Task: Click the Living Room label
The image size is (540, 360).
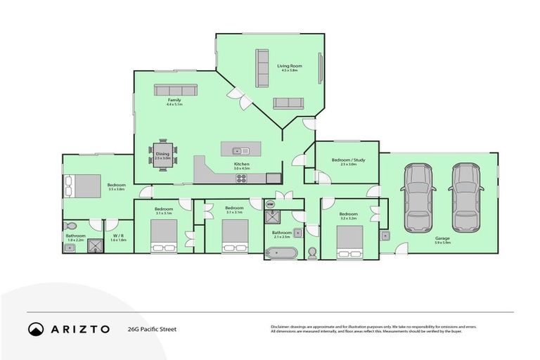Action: pyautogui.click(x=290, y=65)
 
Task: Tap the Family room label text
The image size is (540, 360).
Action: pyautogui.click(x=174, y=101)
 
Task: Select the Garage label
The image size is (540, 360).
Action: pyautogui.click(x=442, y=238)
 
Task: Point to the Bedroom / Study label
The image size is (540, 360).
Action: pyautogui.click(x=348, y=161)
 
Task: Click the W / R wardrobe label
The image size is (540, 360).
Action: pyautogui.click(x=118, y=236)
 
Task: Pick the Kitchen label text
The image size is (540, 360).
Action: pyautogui.click(x=242, y=165)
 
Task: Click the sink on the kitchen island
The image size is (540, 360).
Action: pyautogui.click(x=238, y=150)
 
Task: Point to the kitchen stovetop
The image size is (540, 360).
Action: pyautogui.click(x=241, y=178)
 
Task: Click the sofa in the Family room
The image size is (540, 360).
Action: pyautogui.click(x=175, y=90)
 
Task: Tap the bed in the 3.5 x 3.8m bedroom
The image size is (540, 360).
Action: pyautogui.click(x=82, y=186)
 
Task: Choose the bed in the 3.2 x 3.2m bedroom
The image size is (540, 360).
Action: pyautogui.click(x=349, y=240)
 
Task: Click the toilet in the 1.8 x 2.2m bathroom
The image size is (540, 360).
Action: pyautogui.click(x=71, y=226)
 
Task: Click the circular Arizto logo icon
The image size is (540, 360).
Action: pyautogui.click(x=36, y=328)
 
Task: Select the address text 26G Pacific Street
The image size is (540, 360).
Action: pyautogui.click(x=151, y=328)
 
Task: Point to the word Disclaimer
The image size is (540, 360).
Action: pyautogui.click(x=283, y=326)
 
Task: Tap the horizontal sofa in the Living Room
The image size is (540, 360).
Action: pyautogui.click(x=287, y=103)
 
